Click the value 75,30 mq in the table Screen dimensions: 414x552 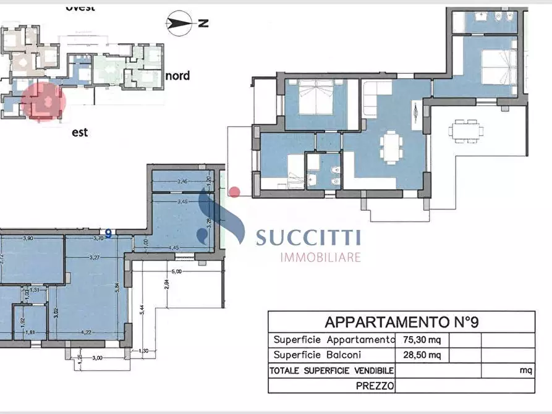(418, 339)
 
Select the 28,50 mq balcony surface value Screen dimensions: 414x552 (418, 355)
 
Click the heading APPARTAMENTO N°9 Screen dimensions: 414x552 (402, 322)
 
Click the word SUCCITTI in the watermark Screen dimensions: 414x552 (308, 238)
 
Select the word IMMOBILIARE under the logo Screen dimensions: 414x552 (320, 257)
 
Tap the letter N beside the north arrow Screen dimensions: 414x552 (203, 24)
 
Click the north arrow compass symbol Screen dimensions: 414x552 (178, 24)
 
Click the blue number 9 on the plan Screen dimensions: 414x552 (108, 234)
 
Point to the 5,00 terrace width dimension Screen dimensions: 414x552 (176, 271)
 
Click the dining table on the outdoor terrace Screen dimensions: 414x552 (467, 130)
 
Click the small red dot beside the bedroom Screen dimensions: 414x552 (234, 192)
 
